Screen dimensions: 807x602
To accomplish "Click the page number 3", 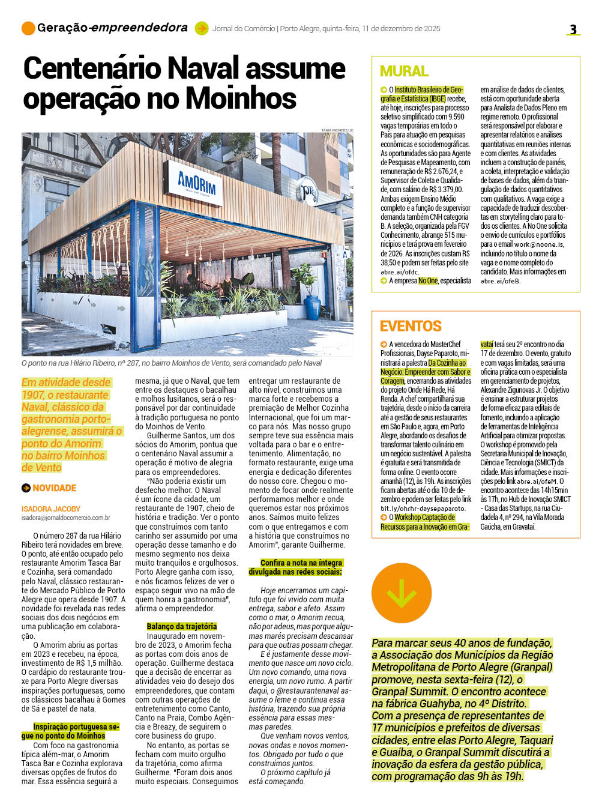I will pyautogui.click(x=573, y=29).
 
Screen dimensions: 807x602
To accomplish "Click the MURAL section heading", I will pyautogui.click(x=404, y=71).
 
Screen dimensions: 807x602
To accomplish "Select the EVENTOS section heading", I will pyautogui.click(x=411, y=326).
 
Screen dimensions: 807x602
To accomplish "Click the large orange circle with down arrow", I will pyautogui.click(x=402, y=593).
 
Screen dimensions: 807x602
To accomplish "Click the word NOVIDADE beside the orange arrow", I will pyautogui.click(x=55, y=488).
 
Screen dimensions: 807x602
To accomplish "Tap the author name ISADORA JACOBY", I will pyautogui.click(x=51, y=509).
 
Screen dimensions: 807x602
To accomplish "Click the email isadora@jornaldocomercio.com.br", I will pyautogui.click(x=66, y=518).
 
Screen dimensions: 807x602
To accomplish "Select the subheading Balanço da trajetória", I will pyautogui.click(x=182, y=626).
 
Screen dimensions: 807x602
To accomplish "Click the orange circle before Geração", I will pyautogui.click(x=28, y=28).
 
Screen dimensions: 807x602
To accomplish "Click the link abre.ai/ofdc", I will pyautogui.click(x=400, y=272).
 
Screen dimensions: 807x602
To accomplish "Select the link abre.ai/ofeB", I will pyautogui.click(x=500, y=281).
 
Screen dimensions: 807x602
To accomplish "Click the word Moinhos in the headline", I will pyautogui.click(x=240, y=98).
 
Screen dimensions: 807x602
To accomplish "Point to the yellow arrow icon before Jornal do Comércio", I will pyautogui.click(x=202, y=28).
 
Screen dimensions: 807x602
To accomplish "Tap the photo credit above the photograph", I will pyautogui.click(x=337, y=130).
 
